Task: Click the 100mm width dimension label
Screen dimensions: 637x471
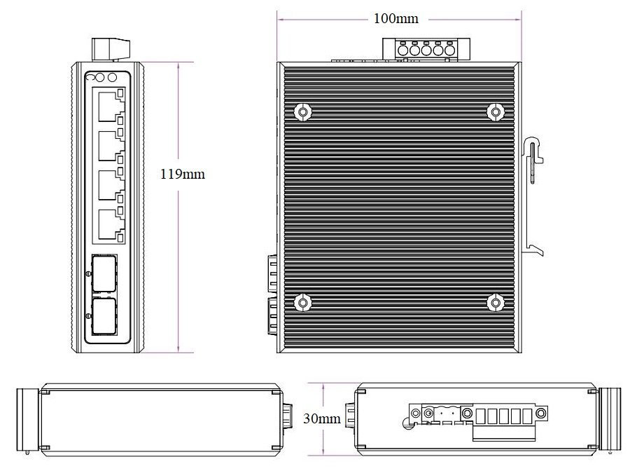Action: click(395, 18)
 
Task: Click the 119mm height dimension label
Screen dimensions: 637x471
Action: click(183, 174)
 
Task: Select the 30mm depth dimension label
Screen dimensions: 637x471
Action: click(322, 418)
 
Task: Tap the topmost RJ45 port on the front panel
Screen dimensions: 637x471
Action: click(110, 107)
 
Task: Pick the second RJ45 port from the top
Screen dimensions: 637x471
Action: click(110, 146)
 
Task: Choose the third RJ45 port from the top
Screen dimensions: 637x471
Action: click(110, 185)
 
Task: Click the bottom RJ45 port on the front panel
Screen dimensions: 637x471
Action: click(110, 224)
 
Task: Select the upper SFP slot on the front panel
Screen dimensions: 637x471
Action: click(104, 274)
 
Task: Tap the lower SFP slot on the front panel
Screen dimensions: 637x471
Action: click(104, 316)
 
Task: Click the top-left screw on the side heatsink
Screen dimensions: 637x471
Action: click(302, 111)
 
